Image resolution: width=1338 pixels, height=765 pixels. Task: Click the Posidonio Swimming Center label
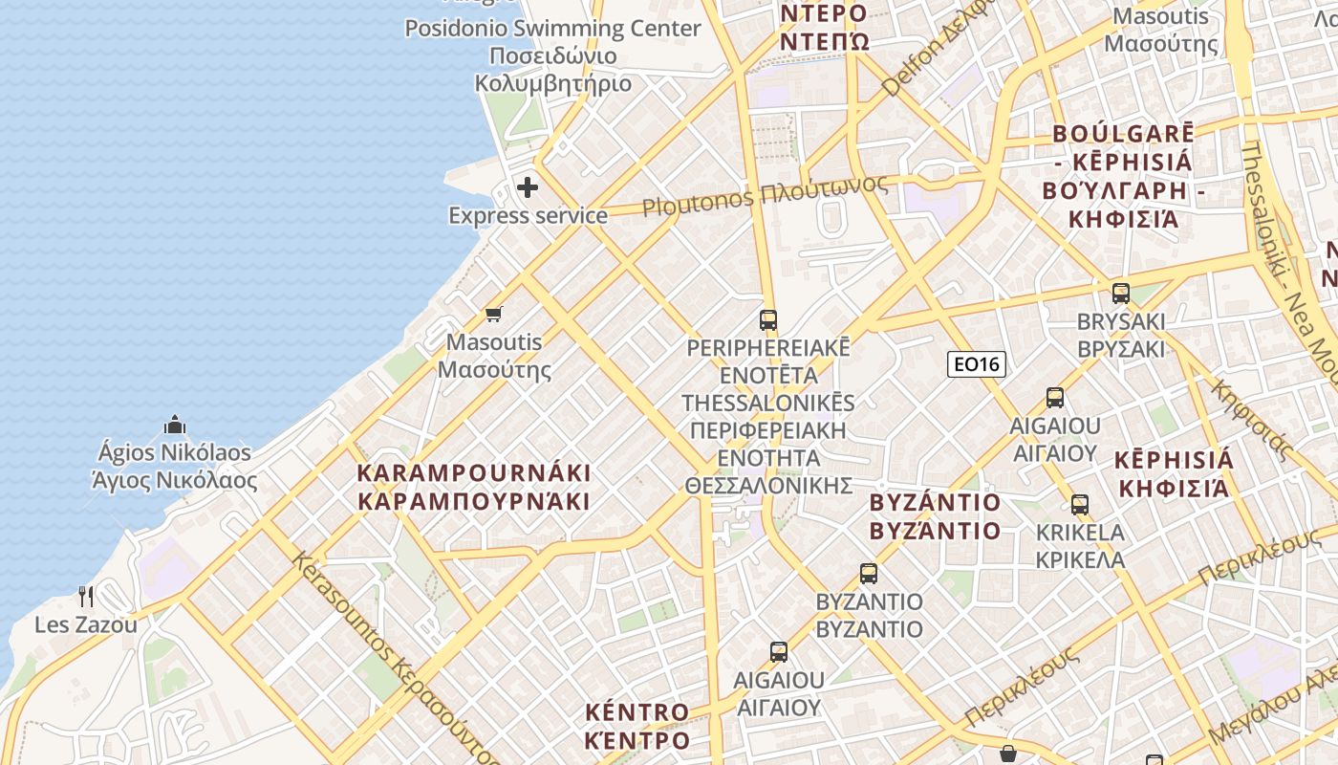552,55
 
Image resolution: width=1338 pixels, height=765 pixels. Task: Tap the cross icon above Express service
528,187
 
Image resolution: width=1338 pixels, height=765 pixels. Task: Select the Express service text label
528,215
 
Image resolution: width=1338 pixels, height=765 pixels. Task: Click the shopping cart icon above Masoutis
494,314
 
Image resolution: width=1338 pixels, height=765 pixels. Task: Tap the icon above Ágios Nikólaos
175,425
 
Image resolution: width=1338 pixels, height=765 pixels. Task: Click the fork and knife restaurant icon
86,597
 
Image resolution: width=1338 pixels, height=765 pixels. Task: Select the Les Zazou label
86,625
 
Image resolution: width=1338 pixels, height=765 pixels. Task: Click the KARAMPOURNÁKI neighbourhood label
474,487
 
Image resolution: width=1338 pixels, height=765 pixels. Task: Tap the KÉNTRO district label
637,726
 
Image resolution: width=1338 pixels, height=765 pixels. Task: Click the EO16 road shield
976,363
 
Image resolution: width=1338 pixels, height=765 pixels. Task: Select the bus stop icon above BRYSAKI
1121,293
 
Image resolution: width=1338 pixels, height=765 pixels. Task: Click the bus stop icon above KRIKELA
1080,504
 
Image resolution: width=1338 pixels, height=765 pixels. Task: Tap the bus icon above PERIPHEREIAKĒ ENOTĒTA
768,319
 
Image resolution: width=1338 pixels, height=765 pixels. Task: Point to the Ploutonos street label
765,196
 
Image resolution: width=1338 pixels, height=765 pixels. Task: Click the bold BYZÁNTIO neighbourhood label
936,516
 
